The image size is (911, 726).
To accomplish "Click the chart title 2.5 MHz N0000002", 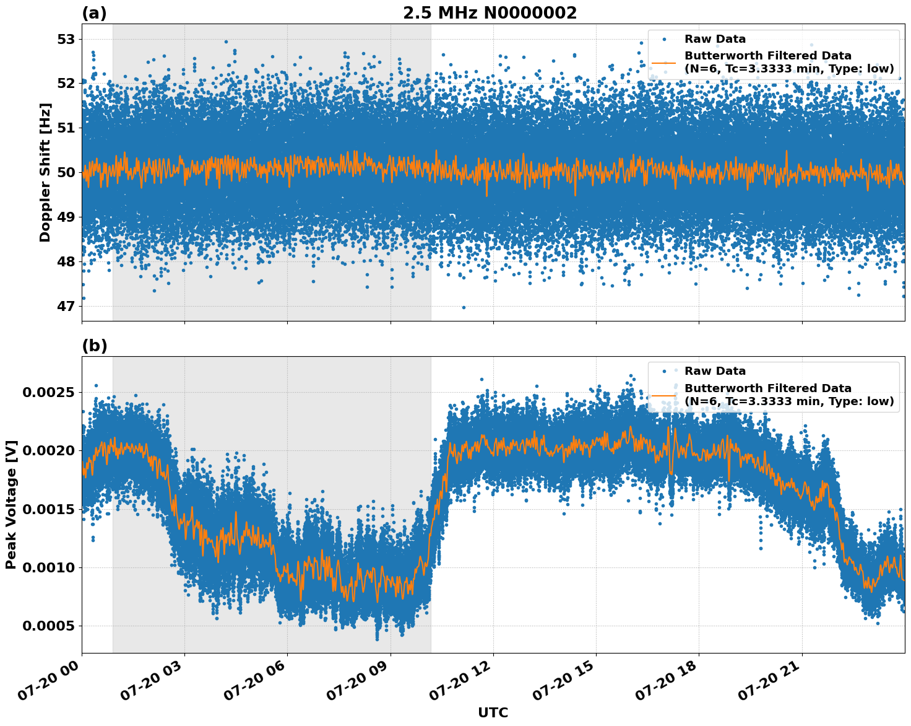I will point(490,13).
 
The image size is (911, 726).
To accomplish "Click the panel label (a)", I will point(94,13).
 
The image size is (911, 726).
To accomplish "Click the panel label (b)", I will point(94,346).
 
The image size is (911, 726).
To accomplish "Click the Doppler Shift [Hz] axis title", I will point(45,172).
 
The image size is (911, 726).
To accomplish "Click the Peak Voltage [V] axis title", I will point(11,504).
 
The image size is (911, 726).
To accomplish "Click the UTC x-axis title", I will point(493,712).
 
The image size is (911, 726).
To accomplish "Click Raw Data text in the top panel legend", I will point(715,39).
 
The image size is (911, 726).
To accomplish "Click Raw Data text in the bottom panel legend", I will point(715,371).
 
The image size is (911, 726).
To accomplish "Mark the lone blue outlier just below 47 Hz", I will point(464,307).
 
